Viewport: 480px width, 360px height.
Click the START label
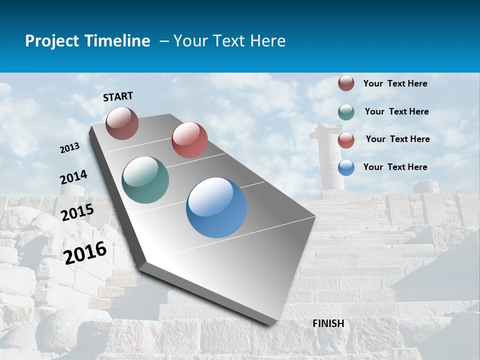[x=118, y=96]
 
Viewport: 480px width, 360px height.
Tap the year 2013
[x=70, y=147]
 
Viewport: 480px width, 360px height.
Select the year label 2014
[x=73, y=177]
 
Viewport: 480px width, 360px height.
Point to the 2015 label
[x=77, y=212]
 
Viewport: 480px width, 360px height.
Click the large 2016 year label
[x=85, y=252]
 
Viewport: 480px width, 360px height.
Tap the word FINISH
[x=328, y=323]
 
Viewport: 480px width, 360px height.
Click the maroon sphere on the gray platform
[x=122, y=123]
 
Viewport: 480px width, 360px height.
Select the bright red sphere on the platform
[x=189, y=140]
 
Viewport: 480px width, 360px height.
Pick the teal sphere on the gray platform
[x=145, y=180]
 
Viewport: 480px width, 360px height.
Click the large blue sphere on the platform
[x=216, y=207]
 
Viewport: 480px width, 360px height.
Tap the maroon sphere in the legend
[x=346, y=83]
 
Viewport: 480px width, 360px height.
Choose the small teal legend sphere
[x=346, y=112]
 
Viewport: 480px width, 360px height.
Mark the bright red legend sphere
[x=346, y=140]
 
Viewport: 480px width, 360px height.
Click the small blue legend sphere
[x=346, y=167]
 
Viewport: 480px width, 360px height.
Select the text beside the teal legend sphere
[x=396, y=111]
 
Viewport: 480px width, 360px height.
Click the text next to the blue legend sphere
[x=395, y=167]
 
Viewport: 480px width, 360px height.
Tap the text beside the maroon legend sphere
[x=395, y=83]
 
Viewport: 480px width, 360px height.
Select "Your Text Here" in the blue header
[x=229, y=41]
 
